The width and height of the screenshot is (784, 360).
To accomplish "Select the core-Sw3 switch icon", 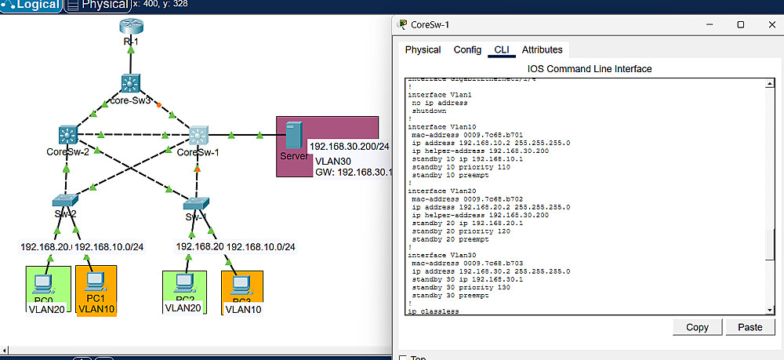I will (130, 83).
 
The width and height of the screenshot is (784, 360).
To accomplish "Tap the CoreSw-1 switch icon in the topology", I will (198, 135).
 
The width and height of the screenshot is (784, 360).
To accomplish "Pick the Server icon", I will (294, 136).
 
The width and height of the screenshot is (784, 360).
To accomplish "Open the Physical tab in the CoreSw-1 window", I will (423, 50).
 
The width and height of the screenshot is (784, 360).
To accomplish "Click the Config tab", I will (467, 50).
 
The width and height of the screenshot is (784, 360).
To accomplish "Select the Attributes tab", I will (543, 50).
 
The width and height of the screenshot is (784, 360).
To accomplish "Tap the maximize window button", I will (740, 24).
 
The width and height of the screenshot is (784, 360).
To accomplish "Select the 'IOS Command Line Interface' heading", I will (590, 69).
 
